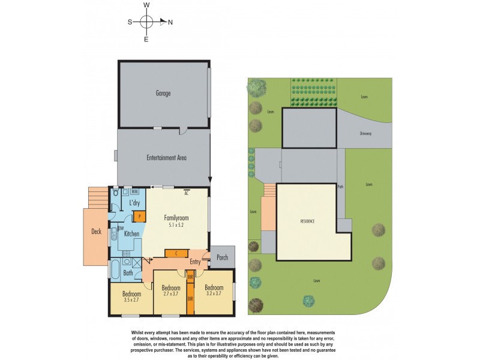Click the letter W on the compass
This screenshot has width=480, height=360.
[146, 5]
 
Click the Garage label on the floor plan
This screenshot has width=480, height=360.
[163, 94]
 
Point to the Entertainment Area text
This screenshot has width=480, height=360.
[166, 158]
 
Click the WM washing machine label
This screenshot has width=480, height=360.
[135, 191]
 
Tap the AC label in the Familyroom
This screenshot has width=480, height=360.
[187, 193]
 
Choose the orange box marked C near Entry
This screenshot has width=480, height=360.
[176, 253]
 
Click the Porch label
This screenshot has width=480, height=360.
[222, 257]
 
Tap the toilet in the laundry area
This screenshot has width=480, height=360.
[115, 193]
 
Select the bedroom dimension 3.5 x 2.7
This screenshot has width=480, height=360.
[131, 300]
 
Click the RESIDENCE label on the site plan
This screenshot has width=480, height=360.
[308, 221]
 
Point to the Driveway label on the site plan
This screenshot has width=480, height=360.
[366, 134]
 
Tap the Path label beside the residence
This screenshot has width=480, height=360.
[340, 187]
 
